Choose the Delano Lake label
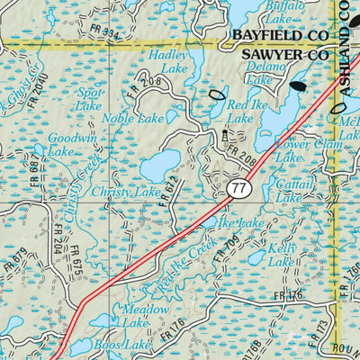click(263, 73)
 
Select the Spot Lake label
click(88, 99)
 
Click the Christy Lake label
click(133, 191)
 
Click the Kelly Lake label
click(280, 253)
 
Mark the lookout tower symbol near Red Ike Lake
click(225, 136)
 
